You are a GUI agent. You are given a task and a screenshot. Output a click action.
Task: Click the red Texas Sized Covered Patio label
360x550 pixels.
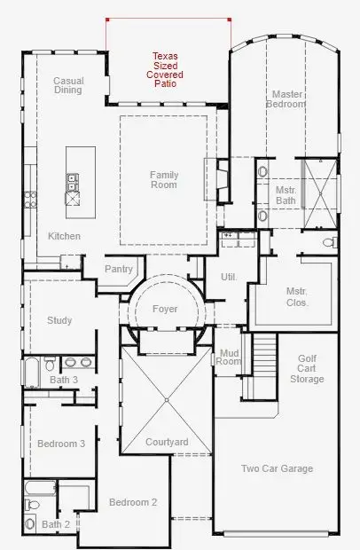[164, 70]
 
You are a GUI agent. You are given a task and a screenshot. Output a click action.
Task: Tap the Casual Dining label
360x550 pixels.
[68, 85]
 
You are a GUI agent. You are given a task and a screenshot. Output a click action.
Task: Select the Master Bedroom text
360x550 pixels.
[287, 98]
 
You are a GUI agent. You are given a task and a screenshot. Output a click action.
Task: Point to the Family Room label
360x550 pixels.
[163, 180]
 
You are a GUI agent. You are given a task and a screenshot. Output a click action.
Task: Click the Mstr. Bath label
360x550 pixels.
[285, 195]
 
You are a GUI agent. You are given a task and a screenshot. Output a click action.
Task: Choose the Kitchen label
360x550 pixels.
[65, 236]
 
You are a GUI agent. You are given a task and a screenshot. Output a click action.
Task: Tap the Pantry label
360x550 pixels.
[118, 269]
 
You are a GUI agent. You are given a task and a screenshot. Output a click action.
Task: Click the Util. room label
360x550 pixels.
[229, 278]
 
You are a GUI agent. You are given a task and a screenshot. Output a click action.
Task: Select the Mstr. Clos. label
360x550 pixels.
[296, 296]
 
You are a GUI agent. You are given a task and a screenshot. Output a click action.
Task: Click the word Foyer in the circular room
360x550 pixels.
[165, 309]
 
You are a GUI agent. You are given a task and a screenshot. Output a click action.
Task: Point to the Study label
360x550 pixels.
[59, 320]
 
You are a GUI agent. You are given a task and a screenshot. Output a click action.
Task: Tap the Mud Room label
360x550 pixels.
[230, 357]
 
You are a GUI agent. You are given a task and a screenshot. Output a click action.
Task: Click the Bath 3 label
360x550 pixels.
[64, 380]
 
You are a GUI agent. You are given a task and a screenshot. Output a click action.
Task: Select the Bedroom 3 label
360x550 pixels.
[61, 444]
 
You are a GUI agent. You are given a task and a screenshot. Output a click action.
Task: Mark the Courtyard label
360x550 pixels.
[166, 442]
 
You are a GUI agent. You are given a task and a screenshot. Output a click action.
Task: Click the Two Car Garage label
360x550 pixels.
[278, 468]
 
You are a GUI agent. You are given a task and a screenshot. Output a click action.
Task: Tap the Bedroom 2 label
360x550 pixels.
[133, 502]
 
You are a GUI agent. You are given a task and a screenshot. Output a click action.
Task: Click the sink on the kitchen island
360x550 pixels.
[72, 183]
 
